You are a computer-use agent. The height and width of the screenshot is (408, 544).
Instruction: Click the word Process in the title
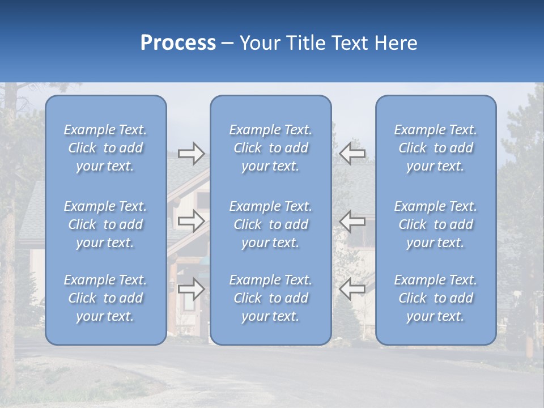(x=178, y=43)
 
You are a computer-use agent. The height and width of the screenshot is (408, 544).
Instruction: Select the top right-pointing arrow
(x=191, y=154)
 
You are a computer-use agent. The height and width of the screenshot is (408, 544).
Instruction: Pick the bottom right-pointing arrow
(x=191, y=289)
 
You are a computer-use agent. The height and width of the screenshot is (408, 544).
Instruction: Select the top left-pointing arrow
(x=352, y=154)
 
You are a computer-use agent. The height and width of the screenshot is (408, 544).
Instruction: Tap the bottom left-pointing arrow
(x=352, y=289)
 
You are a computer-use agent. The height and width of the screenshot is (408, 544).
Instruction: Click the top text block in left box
(x=105, y=148)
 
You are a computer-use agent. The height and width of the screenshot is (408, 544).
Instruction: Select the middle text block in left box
(x=105, y=224)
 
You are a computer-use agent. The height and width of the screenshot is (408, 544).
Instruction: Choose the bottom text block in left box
(x=105, y=298)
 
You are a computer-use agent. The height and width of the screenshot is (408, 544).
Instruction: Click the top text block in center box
(x=271, y=148)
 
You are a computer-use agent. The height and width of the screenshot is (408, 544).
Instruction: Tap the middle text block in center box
(x=271, y=224)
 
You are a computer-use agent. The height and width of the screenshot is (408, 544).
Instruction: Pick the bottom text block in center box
(x=271, y=298)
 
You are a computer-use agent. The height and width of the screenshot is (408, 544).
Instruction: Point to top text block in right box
(x=436, y=148)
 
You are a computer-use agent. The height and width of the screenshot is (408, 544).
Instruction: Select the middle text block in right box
(x=436, y=224)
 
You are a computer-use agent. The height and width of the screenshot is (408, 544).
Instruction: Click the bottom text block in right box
(x=436, y=298)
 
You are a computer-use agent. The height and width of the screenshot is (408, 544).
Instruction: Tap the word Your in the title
(x=258, y=43)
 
